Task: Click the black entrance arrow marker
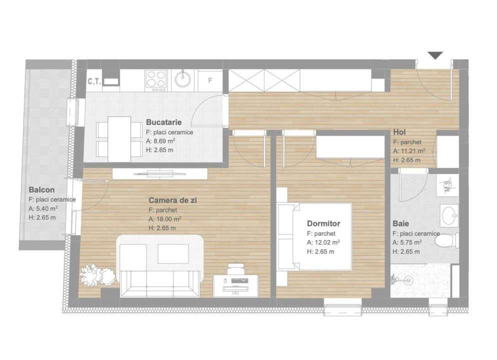[x=435, y=55]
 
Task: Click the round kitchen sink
[x=182, y=78]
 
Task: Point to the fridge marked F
[x=210, y=79]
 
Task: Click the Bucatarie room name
[x=163, y=122]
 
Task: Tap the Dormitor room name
[x=323, y=223]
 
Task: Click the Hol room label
[x=399, y=132]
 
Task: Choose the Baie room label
[x=401, y=224]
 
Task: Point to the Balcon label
[x=41, y=190]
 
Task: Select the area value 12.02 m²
[x=326, y=242]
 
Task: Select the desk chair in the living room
[x=237, y=268]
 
